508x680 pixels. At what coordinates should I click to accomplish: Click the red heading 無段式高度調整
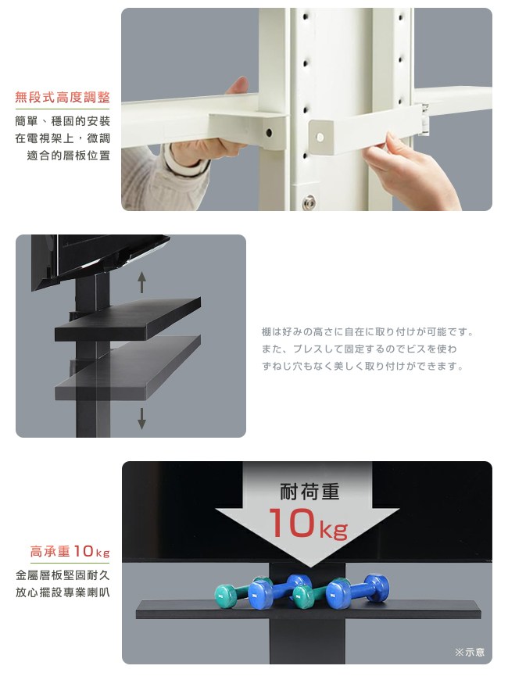click(x=63, y=97)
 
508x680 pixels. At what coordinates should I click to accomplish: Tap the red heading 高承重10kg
click(x=70, y=551)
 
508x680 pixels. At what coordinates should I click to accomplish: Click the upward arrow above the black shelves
click(x=141, y=282)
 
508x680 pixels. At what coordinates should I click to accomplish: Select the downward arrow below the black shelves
click(x=141, y=418)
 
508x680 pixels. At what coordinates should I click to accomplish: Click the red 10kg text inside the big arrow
click(x=308, y=524)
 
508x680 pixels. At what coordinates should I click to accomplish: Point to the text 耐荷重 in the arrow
click(x=309, y=492)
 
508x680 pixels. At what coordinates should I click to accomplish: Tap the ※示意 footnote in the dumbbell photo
click(x=470, y=652)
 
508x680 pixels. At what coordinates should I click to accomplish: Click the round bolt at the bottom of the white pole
click(x=309, y=202)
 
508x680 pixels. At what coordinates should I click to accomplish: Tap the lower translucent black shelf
click(x=127, y=368)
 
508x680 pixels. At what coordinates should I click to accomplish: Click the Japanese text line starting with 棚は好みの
click(x=367, y=332)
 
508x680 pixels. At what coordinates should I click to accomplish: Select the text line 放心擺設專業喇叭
click(x=63, y=592)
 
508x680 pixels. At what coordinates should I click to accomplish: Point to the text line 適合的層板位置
click(x=69, y=156)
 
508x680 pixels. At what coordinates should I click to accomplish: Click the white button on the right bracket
click(x=320, y=138)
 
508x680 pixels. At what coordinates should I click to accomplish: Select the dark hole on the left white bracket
click(x=269, y=132)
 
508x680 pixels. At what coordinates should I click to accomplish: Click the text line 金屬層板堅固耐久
click(x=63, y=575)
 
